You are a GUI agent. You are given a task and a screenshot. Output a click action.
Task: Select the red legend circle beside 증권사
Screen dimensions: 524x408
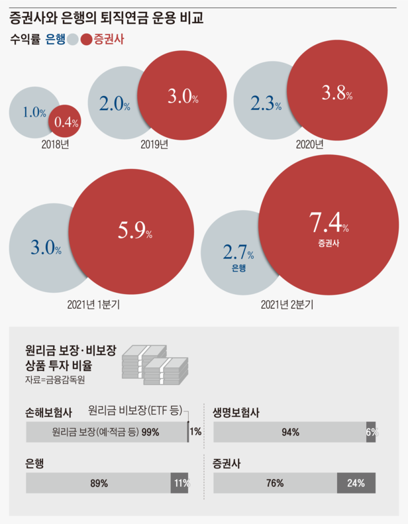click(x=86, y=40)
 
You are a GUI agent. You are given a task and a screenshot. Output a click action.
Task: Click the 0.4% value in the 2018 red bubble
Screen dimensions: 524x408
click(x=66, y=122)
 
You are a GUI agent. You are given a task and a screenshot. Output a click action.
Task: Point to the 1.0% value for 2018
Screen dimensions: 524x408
click(x=34, y=113)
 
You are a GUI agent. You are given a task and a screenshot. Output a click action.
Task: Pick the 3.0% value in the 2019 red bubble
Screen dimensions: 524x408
click(x=182, y=97)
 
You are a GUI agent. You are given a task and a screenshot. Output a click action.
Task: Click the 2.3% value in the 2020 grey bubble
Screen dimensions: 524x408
click(x=266, y=104)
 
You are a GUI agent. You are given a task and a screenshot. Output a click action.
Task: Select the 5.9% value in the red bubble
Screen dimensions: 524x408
click(x=135, y=232)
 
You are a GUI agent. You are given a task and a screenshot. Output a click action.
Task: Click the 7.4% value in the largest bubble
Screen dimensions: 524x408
click(x=329, y=223)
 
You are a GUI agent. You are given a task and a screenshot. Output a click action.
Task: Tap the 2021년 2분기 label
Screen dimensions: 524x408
click(x=287, y=305)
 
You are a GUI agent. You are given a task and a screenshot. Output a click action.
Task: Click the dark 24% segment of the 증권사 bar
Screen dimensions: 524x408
click(x=356, y=483)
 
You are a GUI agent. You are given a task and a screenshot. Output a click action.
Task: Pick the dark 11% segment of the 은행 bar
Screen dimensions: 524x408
click(x=179, y=483)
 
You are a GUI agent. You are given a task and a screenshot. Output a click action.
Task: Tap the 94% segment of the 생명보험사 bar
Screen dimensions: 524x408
click(x=289, y=432)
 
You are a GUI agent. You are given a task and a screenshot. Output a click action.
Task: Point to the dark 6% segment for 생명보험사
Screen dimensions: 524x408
click(x=371, y=432)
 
